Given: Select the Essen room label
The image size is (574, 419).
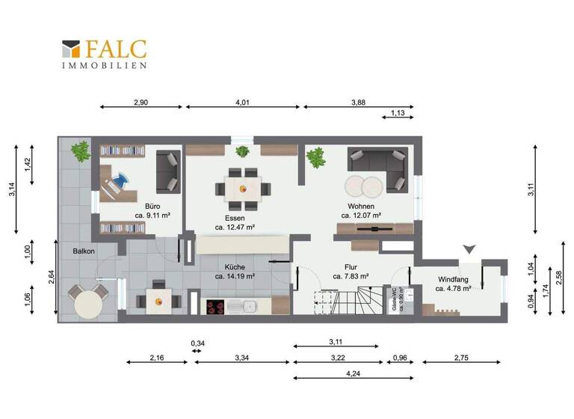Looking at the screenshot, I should [235, 218].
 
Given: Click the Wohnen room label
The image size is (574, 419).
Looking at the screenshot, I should [361, 207].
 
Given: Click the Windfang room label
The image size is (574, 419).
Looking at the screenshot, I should [454, 279].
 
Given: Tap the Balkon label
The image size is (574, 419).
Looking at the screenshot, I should [84, 251].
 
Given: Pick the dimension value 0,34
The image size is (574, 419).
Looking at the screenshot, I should [198, 344].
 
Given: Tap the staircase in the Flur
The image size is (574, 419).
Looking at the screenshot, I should [357, 302].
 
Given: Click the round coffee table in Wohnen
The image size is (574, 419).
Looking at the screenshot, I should [362, 184].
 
